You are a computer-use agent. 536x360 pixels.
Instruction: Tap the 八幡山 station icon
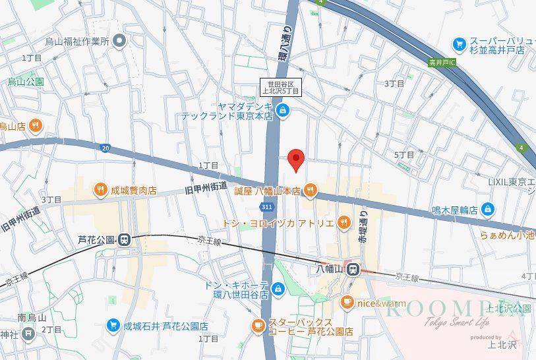pyautogui.click(x=354, y=269)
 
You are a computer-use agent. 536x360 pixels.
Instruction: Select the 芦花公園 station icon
pyautogui.click(x=124, y=240)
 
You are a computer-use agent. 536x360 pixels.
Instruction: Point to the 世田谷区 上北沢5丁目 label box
pyautogui.click(x=281, y=87)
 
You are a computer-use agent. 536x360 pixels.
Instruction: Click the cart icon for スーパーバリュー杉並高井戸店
pyautogui.click(x=459, y=44)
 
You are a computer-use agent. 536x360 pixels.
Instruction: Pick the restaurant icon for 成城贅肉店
pyautogui.click(x=101, y=190)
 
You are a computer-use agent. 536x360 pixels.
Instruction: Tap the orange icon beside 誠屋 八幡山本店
pyautogui.click(x=311, y=191)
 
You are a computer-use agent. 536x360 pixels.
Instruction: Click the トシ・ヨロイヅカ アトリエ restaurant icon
pyautogui.click(x=343, y=223)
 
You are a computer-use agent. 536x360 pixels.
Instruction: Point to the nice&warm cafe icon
pyautogui.click(x=347, y=303)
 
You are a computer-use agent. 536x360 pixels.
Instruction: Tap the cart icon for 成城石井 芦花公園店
pyautogui.click(x=113, y=326)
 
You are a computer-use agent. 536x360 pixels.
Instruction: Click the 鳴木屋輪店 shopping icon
pyautogui.click(x=487, y=210)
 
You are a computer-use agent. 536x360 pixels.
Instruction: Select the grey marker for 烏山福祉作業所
pyautogui.click(x=119, y=42)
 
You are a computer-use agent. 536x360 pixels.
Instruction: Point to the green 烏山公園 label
pyautogui.click(x=26, y=82)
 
